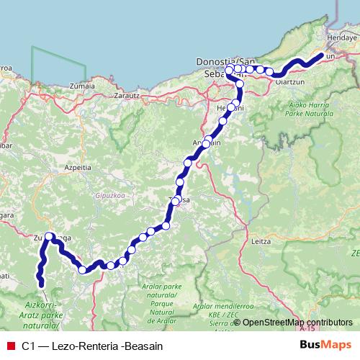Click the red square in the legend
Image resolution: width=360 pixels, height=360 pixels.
click(9, 346)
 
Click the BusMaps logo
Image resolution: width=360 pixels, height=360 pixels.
click(324, 346)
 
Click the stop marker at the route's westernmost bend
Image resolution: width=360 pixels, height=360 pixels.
click(49, 236)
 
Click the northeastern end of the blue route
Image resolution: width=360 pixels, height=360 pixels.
click(322, 54)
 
